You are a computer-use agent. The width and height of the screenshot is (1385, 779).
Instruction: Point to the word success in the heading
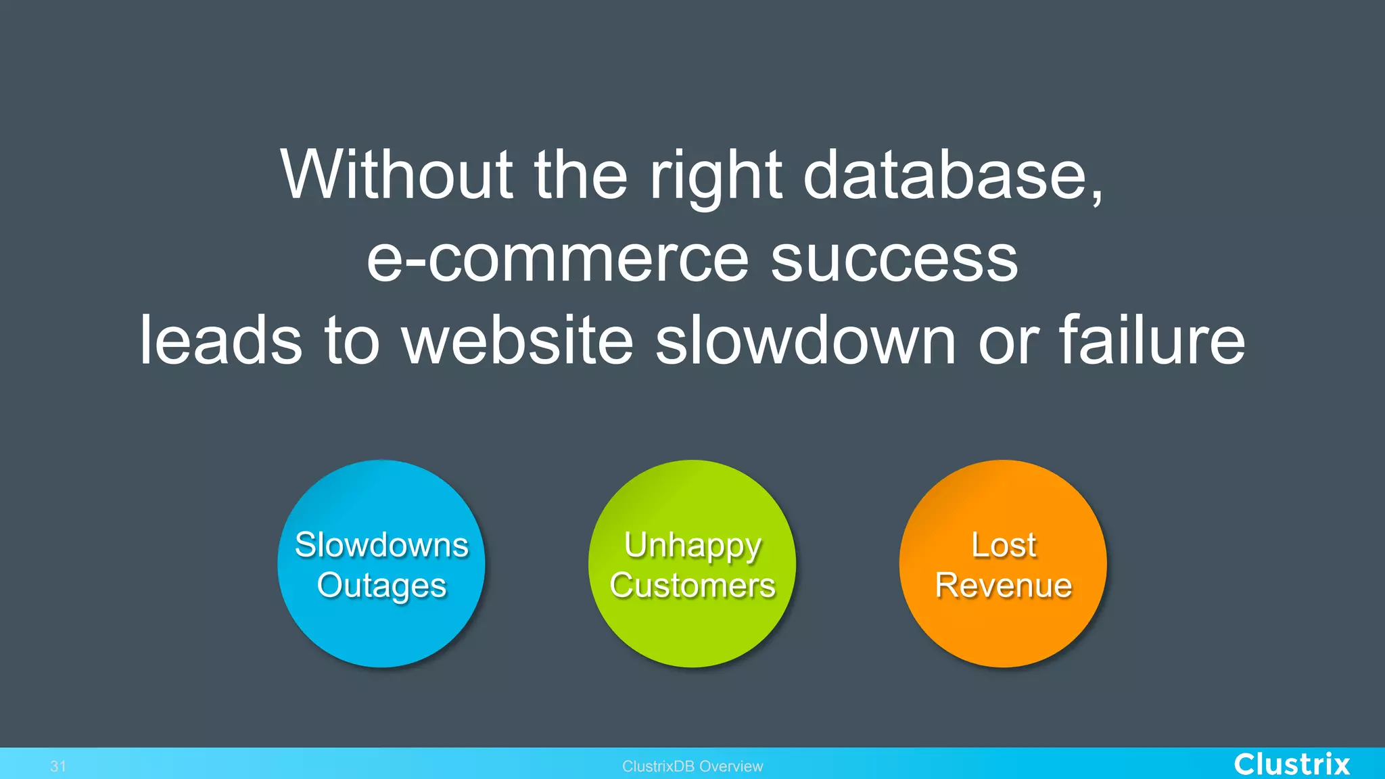pyautogui.click(x=894, y=260)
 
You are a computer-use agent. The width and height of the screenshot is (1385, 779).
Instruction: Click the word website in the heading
pyautogui.click(x=518, y=341)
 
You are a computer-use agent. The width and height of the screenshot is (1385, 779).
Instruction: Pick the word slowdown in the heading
pyautogui.click(x=805, y=341)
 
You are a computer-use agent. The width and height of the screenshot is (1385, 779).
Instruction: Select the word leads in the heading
pyautogui.click(x=220, y=341)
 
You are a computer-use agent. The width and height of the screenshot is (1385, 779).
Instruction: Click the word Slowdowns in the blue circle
pyautogui.click(x=381, y=545)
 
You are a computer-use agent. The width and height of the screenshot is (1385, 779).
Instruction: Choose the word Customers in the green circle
pyautogui.click(x=692, y=586)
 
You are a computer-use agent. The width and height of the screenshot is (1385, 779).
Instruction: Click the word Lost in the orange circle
pyautogui.click(x=1004, y=545)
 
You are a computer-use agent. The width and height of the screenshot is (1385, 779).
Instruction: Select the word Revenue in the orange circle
pyautogui.click(x=1004, y=586)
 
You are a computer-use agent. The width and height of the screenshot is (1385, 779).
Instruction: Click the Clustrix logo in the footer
pyautogui.click(x=1292, y=764)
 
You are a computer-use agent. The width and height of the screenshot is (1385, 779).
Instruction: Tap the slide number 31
pyautogui.click(x=58, y=766)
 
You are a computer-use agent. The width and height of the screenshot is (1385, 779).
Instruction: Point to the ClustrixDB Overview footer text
pyautogui.click(x=692, y=766)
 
